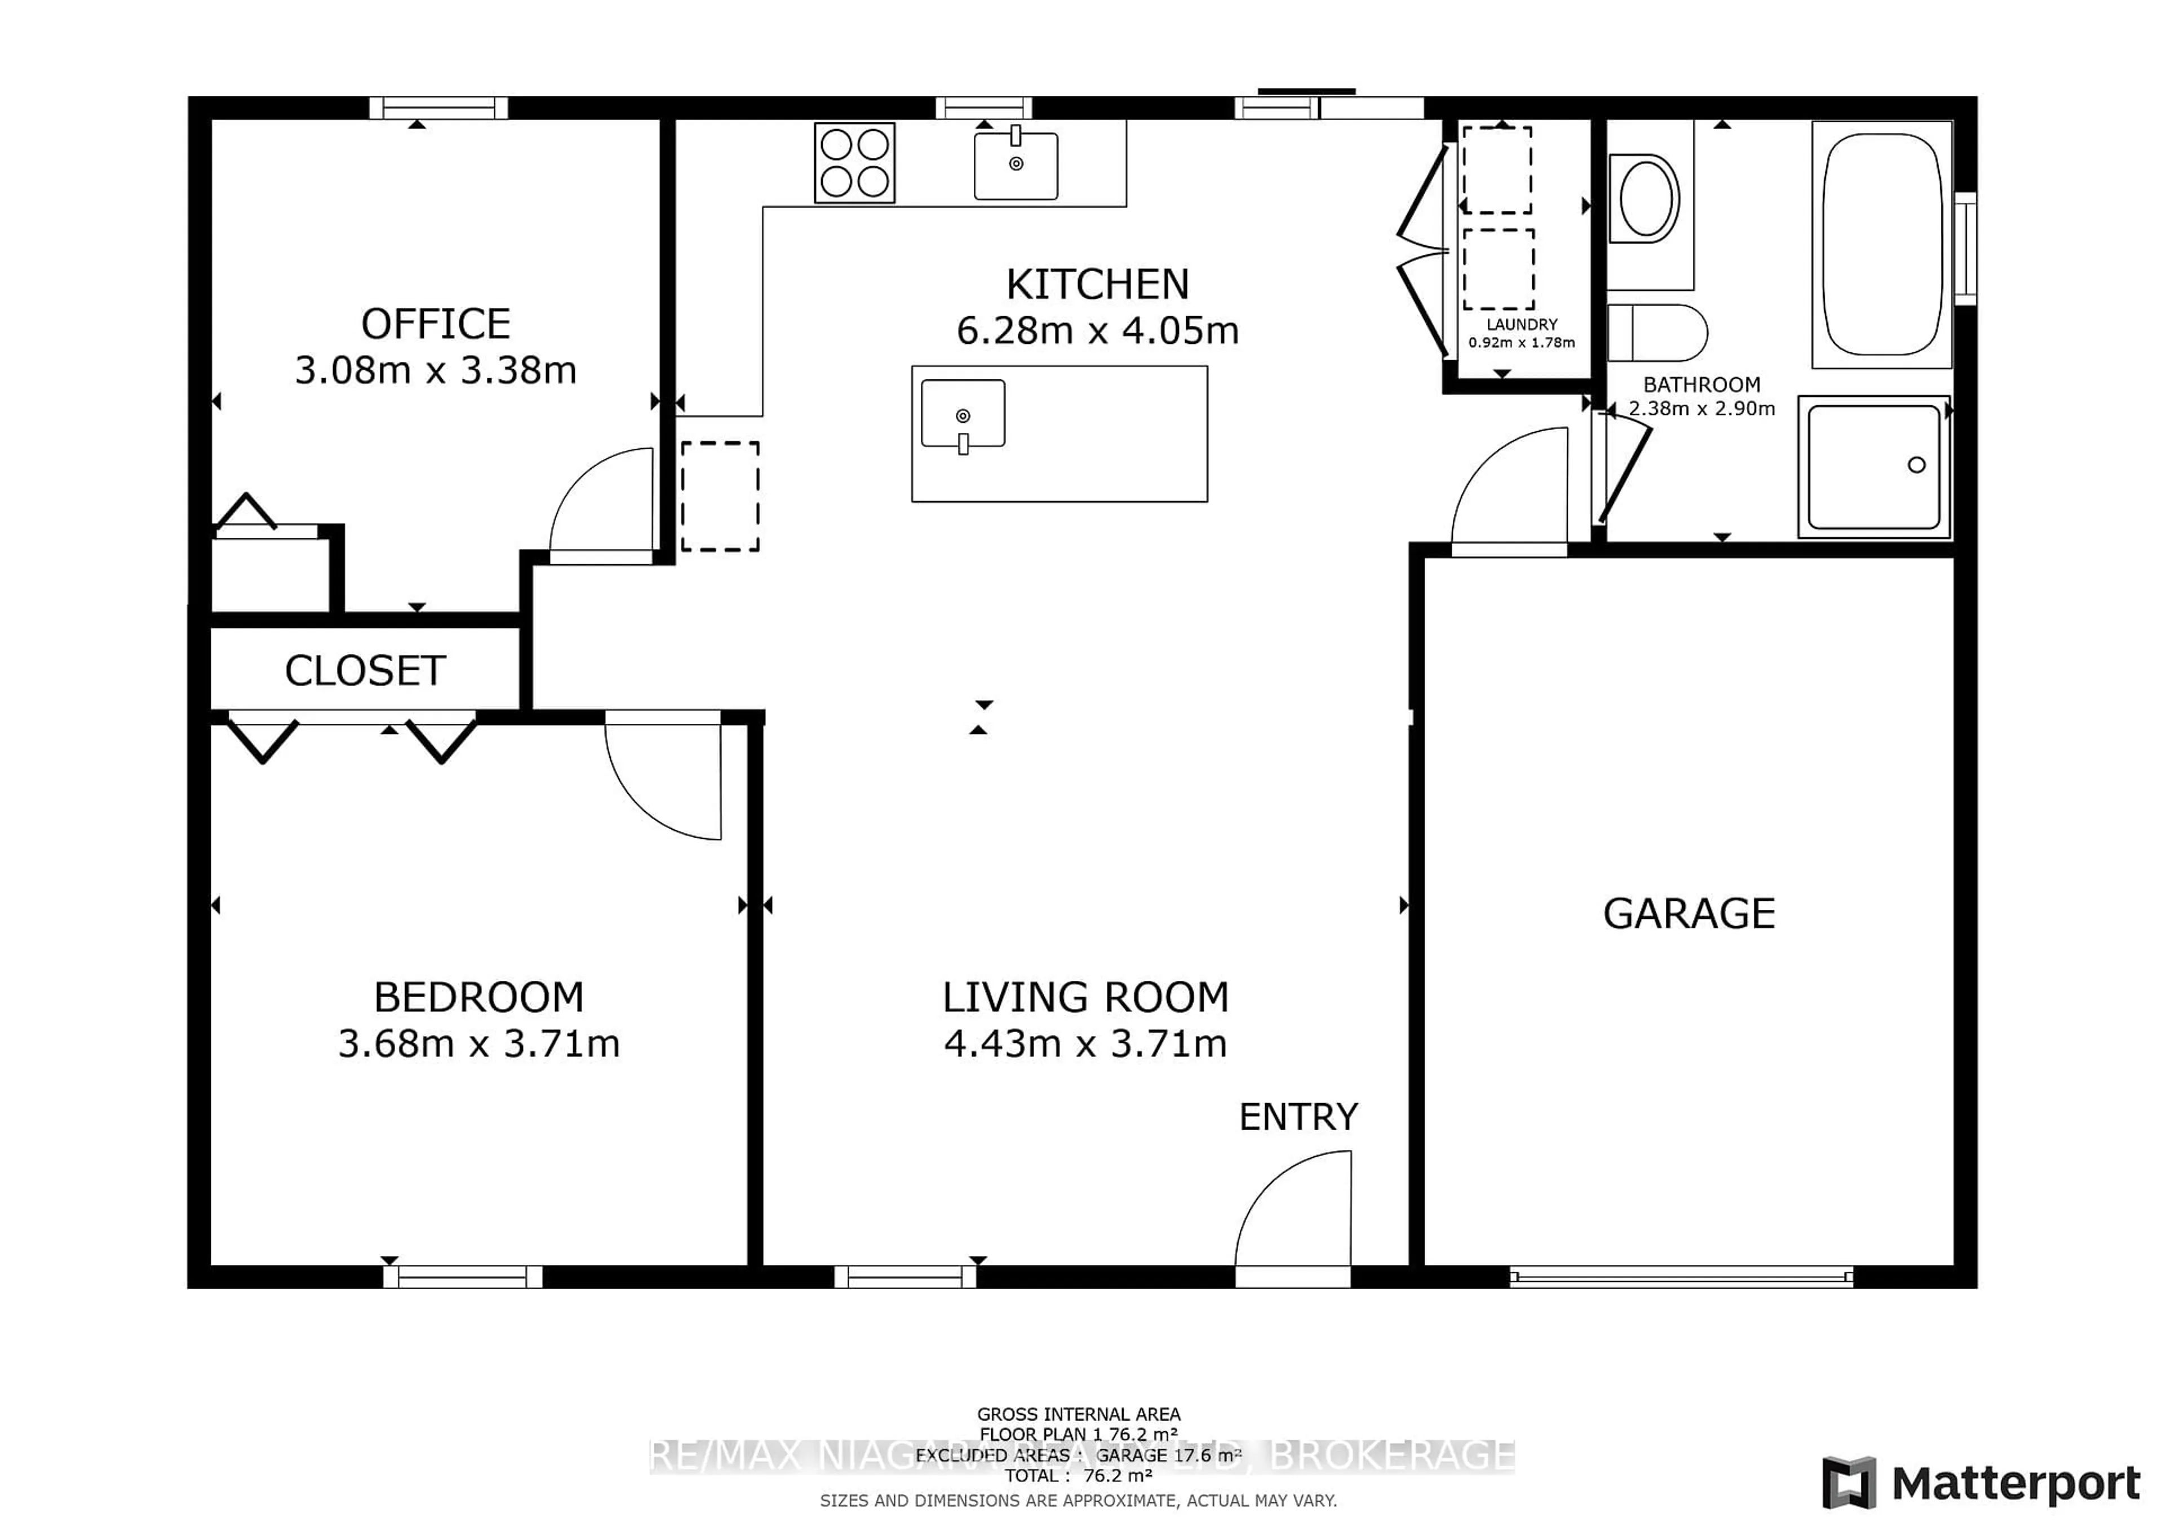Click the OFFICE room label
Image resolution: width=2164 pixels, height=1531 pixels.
click(x=436, y=324)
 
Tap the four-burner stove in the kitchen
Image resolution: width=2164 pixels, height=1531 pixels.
click(x=854, y=162)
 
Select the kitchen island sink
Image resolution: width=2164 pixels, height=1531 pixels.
click(x=963, y=414)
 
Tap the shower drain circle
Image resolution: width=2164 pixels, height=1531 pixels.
click(x=1916, y=464)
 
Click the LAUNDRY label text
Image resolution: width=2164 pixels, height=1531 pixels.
click(x=1521, y=324)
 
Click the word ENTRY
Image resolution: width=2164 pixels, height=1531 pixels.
click(x=1298, y=1117)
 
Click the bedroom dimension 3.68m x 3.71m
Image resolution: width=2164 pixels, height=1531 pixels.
click(x=479, y=1043)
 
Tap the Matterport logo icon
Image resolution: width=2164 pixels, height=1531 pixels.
click(x=1848, y=1483)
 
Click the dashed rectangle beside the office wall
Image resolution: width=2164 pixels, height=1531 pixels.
click(x=720, y=496)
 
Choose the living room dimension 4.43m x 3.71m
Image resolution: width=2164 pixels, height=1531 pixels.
click(x=1085, y=1043)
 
